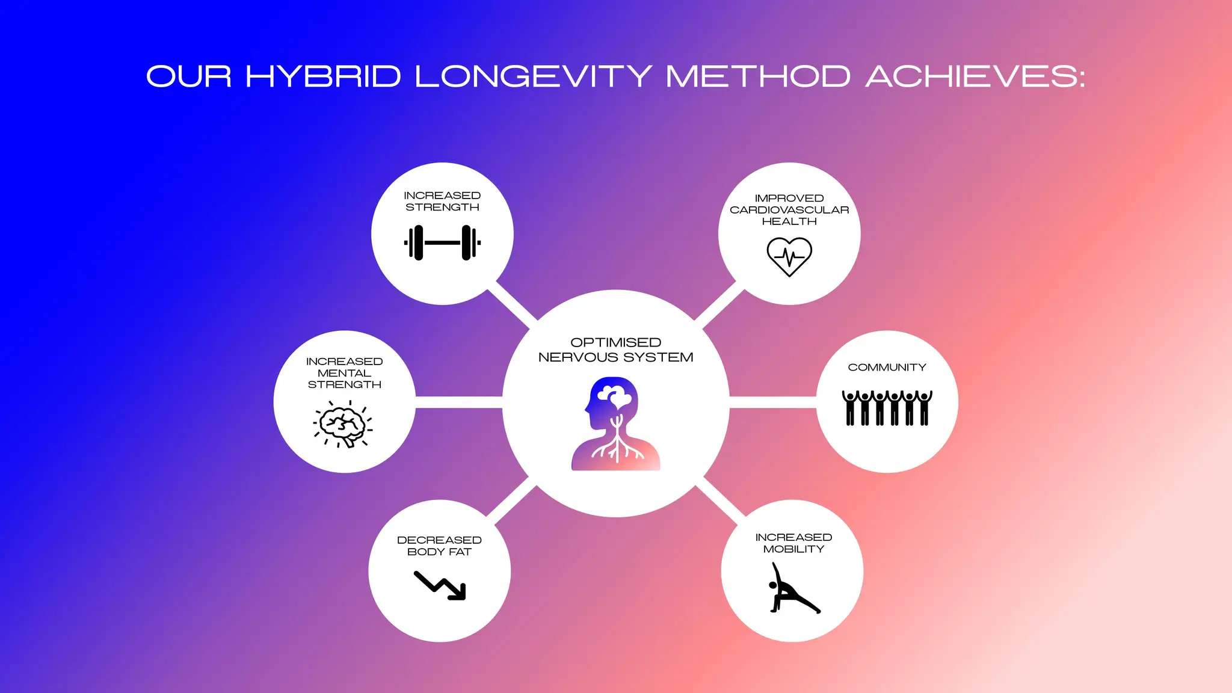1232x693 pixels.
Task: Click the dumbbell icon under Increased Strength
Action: tap(442, 242)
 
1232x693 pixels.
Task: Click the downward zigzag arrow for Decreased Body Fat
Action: tap(440, 585)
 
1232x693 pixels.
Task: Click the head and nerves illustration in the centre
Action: tap(615, 423)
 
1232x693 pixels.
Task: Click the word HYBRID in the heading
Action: tap(323, 77)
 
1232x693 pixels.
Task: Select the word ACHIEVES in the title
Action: tap(975, 77)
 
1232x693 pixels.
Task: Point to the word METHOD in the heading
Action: tap(758, 77)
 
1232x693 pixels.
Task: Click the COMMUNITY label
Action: tap(887, 368)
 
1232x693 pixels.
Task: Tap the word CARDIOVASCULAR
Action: tap(789, 210)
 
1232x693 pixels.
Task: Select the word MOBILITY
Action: tap(793, 549)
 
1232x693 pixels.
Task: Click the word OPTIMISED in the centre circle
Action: tap(615, 342)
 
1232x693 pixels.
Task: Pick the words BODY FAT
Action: tap(439, 552)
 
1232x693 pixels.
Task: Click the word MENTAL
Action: tap(344, 373)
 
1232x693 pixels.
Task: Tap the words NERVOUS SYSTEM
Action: tap(615, 357)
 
